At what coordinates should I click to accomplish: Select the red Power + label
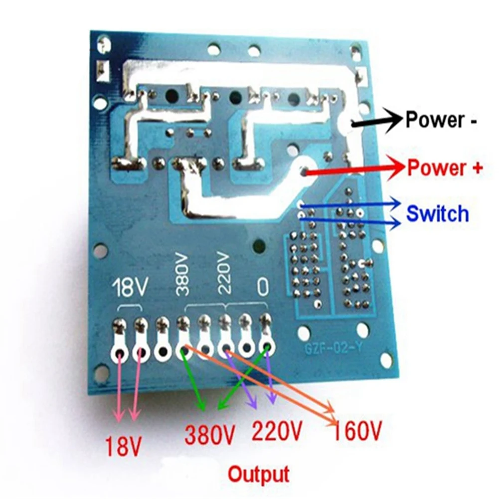(445, 168)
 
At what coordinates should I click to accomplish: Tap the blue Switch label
(438, 213)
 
